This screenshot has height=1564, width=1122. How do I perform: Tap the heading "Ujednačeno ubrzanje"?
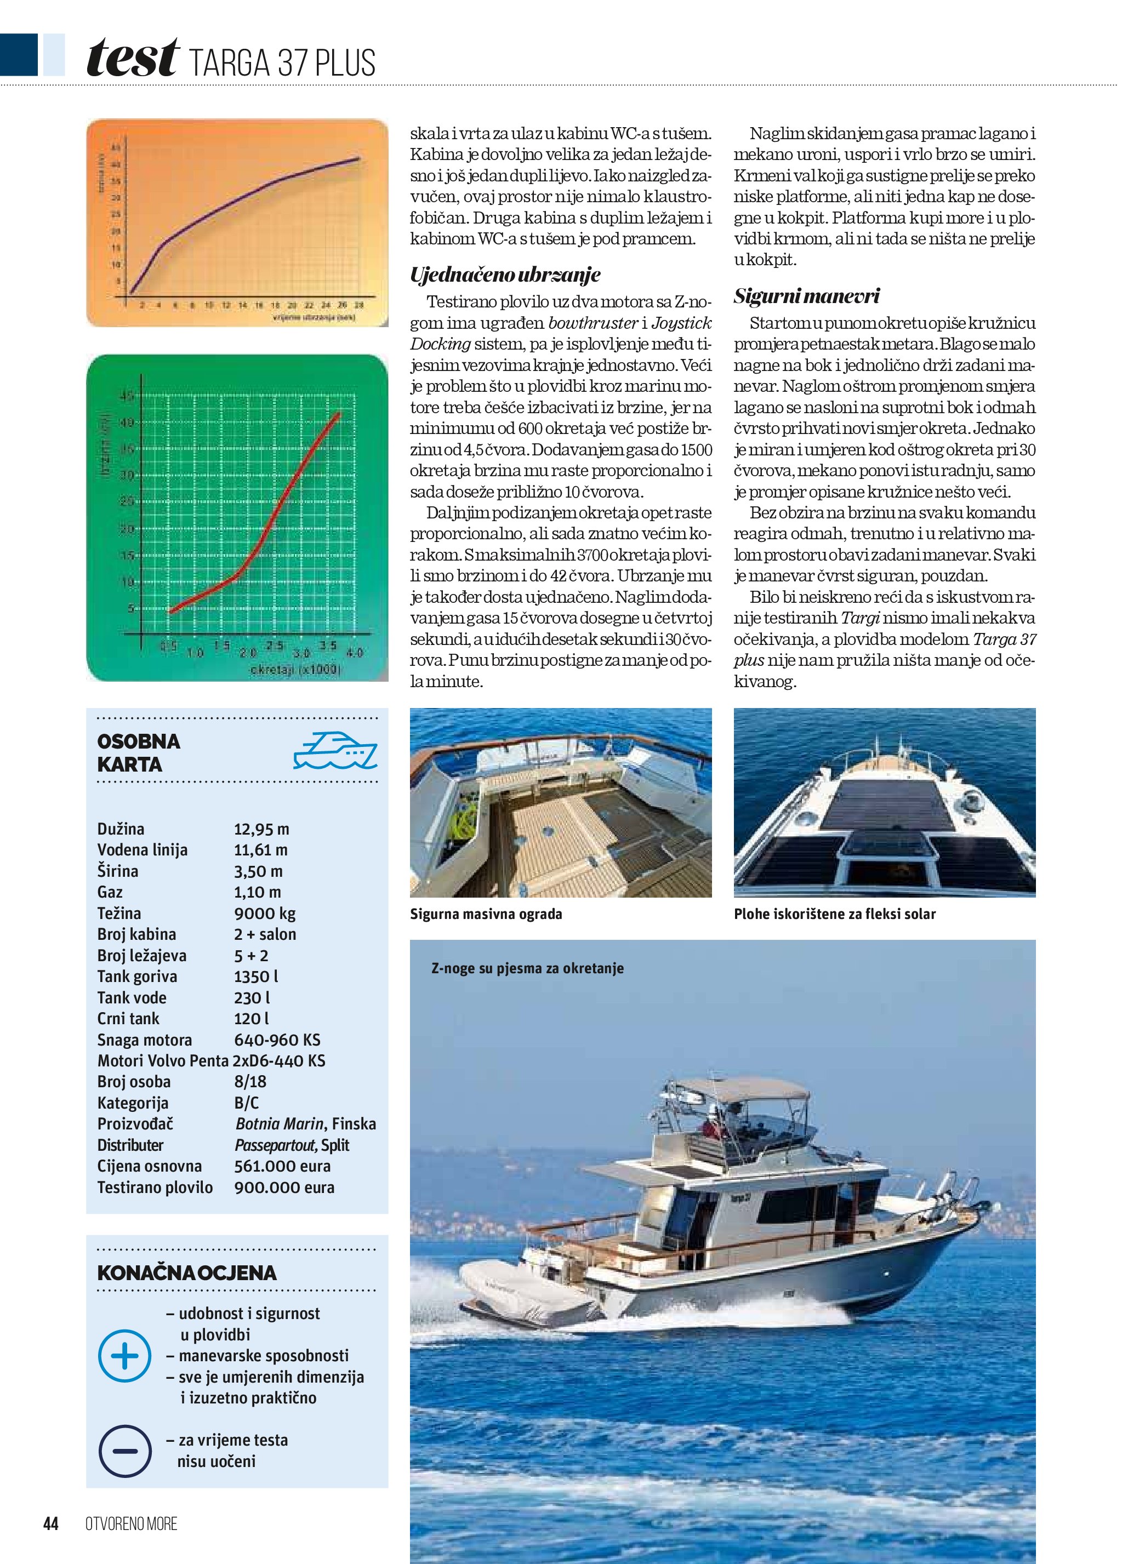coord(505,275)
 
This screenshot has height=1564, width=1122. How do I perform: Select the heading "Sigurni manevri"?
coord(806,296)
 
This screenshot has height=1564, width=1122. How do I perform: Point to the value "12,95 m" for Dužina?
coord(261,829)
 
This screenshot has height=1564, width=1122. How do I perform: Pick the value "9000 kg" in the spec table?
coord(265,914)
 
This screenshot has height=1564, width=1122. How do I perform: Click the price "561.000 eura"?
coord(282,1166)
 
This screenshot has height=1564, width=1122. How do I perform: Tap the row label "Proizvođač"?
coord(135,1124)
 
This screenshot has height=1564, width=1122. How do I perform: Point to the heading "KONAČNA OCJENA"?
coord(187,1273)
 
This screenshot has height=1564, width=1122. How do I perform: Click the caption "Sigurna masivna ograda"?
coord(486,915)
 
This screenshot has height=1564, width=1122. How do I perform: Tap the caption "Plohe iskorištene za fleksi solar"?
coord(834,915)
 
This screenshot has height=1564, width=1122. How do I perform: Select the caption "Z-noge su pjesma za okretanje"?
coord(527,968)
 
